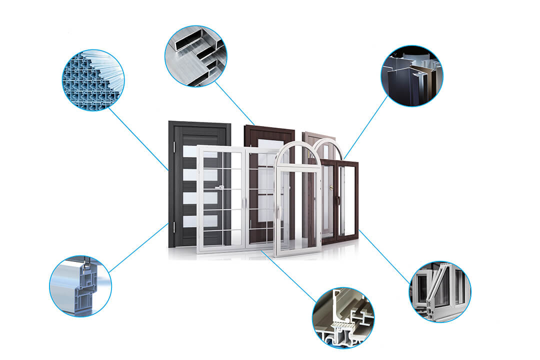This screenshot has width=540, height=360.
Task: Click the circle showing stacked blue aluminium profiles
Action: (93, 80)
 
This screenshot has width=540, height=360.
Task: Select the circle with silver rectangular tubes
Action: (195, 55)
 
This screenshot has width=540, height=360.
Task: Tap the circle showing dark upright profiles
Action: (412, 76)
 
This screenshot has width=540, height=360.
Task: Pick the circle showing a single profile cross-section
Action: (80, 286)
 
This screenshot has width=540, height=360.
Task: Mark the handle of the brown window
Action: (338, 200)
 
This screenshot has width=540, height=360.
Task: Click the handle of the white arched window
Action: (278, 212)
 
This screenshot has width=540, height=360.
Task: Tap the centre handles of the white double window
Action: (244, 202)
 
